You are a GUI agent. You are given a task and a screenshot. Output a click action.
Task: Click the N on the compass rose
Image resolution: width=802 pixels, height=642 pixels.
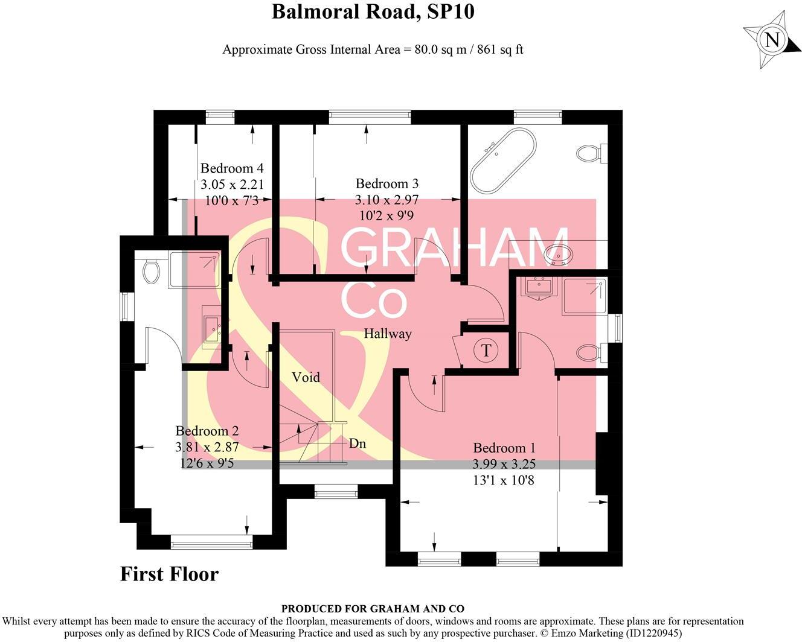772,40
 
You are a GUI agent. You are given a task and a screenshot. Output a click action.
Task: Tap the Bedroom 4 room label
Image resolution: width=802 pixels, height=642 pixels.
232,168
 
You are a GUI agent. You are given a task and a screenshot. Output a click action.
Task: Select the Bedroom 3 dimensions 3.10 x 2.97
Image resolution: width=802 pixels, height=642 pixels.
387,199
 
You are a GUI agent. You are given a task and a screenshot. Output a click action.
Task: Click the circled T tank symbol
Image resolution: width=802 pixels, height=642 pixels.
487,350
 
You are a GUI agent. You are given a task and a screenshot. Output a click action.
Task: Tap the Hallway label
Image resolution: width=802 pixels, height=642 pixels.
387,334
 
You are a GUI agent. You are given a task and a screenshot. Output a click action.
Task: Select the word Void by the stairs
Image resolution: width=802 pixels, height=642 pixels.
306,378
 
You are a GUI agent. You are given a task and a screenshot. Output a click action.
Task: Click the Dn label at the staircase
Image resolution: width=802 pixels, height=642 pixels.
358,443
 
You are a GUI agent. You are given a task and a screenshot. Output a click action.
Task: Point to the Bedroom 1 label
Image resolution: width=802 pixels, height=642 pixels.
504,448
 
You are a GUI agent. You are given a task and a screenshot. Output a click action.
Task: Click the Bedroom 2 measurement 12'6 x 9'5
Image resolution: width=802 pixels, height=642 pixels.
207,463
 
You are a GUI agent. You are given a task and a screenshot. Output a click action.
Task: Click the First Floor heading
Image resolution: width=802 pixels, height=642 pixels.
169,574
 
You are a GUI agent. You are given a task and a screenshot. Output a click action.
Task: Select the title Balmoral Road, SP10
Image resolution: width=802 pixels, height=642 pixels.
373,11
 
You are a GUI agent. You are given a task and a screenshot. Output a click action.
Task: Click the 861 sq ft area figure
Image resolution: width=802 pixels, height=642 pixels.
500,49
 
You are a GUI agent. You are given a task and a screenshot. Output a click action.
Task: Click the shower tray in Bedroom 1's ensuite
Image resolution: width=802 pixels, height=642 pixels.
584,296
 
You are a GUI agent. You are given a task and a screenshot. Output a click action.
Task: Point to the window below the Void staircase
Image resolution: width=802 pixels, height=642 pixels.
336,493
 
